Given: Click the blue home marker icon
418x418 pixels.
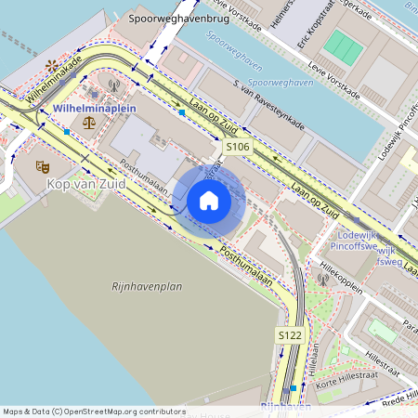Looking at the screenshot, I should point(209,201).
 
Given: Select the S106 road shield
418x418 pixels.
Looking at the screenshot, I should point(238,147).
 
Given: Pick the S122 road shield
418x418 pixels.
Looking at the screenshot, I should point(290,334).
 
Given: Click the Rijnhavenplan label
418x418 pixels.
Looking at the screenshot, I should point(147,287).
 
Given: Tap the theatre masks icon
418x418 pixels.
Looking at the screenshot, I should point(41,166).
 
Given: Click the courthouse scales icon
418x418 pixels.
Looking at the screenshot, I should point(88,122).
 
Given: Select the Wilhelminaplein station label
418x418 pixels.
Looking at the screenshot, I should point(95,109).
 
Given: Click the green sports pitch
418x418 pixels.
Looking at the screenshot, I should point(346,47).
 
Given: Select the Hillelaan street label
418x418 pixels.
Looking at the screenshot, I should point(312,358).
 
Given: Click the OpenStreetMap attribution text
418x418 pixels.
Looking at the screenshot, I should point(93,411).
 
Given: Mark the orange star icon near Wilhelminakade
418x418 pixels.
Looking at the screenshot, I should point(50,66).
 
